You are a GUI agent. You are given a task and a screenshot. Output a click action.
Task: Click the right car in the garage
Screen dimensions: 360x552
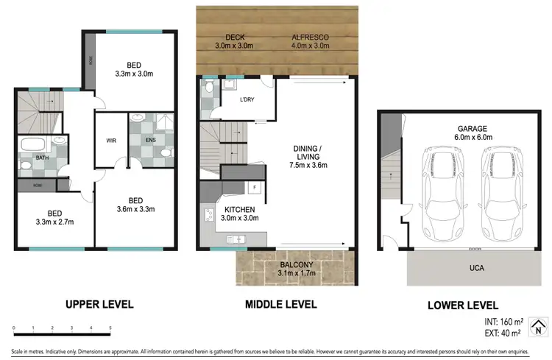[x=501, y=190]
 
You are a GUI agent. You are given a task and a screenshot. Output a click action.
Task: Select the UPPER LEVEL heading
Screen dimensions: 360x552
[x=99, y=304]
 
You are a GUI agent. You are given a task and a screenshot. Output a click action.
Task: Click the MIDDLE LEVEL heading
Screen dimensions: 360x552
[x=282, y=304]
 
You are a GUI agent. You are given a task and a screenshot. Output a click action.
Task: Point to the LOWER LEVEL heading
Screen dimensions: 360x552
[x=464, y=305]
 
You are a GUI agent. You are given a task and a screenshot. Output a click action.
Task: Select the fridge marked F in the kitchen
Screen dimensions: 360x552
[x=254, y=188]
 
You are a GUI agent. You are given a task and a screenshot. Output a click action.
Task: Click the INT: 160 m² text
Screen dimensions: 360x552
[x=503, y=321]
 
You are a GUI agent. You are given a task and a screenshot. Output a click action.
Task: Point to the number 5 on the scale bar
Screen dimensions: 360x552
[x=110, y=328]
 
